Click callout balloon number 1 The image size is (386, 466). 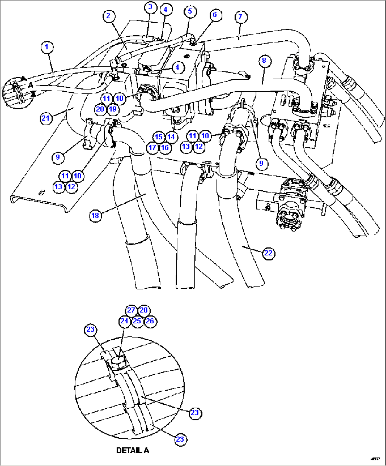47,47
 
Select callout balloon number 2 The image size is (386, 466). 108,16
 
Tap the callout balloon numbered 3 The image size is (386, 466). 150,7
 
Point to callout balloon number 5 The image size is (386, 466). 190,11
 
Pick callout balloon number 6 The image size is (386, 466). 215,15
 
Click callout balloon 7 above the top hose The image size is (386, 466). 240,17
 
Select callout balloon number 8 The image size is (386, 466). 264,61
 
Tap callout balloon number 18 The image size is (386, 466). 95,215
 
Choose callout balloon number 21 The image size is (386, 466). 46,118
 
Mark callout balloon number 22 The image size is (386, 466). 268,253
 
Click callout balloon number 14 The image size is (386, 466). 171,137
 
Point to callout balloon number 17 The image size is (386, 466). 152,148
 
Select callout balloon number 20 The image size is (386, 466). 100,109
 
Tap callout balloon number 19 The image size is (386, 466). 113,109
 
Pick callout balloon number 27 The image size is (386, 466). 131,310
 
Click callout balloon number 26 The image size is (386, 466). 150,321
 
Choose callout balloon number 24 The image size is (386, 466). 124,321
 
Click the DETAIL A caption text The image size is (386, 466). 132,450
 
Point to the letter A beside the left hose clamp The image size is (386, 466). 30,85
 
